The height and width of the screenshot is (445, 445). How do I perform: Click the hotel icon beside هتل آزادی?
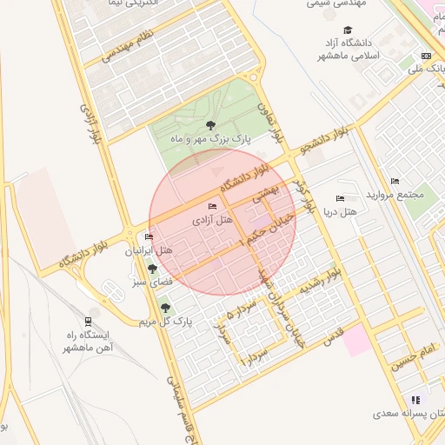213,206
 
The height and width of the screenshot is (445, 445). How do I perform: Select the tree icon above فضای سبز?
152,269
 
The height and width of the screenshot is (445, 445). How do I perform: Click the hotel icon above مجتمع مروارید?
395,181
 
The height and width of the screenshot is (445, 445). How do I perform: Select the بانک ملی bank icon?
426,56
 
